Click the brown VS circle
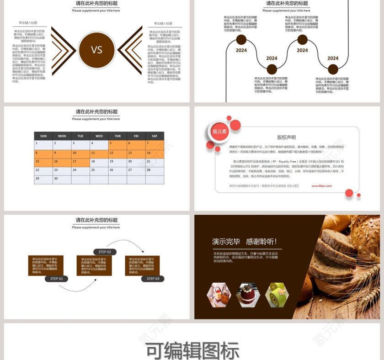point(96,50)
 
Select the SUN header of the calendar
point(43,136)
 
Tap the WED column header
point(99,136)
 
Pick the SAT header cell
point(155,136)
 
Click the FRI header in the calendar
point(136,136)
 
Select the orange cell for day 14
point(155,154)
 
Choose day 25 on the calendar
point(99,171)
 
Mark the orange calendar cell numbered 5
point(117,144)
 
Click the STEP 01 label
point(57,279)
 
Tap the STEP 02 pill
point(105,252)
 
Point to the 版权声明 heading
point(287,137)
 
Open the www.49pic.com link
point(322,186)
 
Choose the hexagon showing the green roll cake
point(277,295)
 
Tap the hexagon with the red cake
point(248,295)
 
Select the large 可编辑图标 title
point(192,351)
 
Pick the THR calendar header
point(117,136)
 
